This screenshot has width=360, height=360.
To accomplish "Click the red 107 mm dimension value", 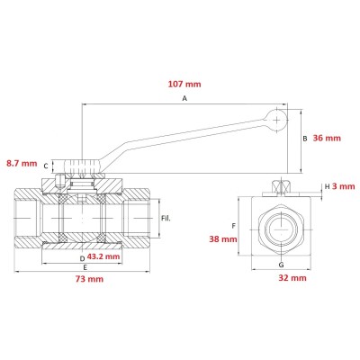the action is [x=184, y=84].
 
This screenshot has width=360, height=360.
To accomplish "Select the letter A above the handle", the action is [x=184, y=98].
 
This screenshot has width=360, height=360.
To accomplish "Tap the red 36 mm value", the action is [x=327, y=138].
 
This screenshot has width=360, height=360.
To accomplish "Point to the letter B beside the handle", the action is [x=305, y=139].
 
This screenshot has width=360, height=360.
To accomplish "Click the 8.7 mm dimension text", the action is [x=22, y=164].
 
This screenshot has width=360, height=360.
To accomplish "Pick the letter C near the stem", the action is [x=46, y=166].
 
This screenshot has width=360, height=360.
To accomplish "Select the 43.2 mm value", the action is [x=103, y=256].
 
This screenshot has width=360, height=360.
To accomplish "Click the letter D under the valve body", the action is [x=82, y=258].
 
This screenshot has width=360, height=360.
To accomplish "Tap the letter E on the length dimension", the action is [x=85, y=267].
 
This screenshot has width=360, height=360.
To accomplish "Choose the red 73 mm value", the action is [x=89, y=279].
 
